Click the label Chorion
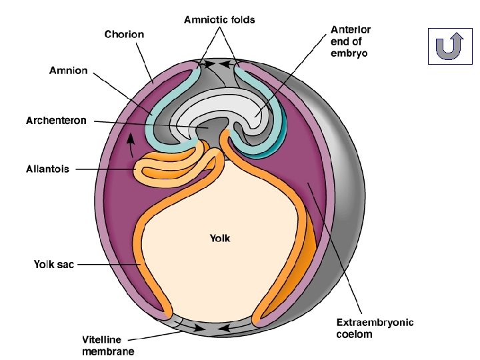tap(124, 34)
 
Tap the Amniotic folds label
tap(219, 20)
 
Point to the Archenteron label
tap(56, 121)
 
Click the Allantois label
tap(47, 169)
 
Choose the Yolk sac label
tap(55, 265)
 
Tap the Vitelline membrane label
tap(108, 344)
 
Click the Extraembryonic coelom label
tap(374, 328)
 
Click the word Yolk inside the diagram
tap(219, 238)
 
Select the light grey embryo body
tap(253, 113)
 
